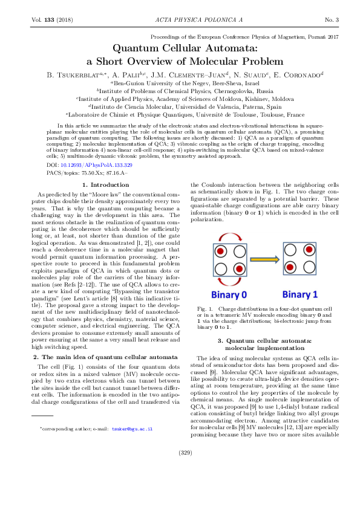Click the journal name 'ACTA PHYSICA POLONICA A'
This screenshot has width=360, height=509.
click(x=180, y=21)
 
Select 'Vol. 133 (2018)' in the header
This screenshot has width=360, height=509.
click(x=51, y=21)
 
